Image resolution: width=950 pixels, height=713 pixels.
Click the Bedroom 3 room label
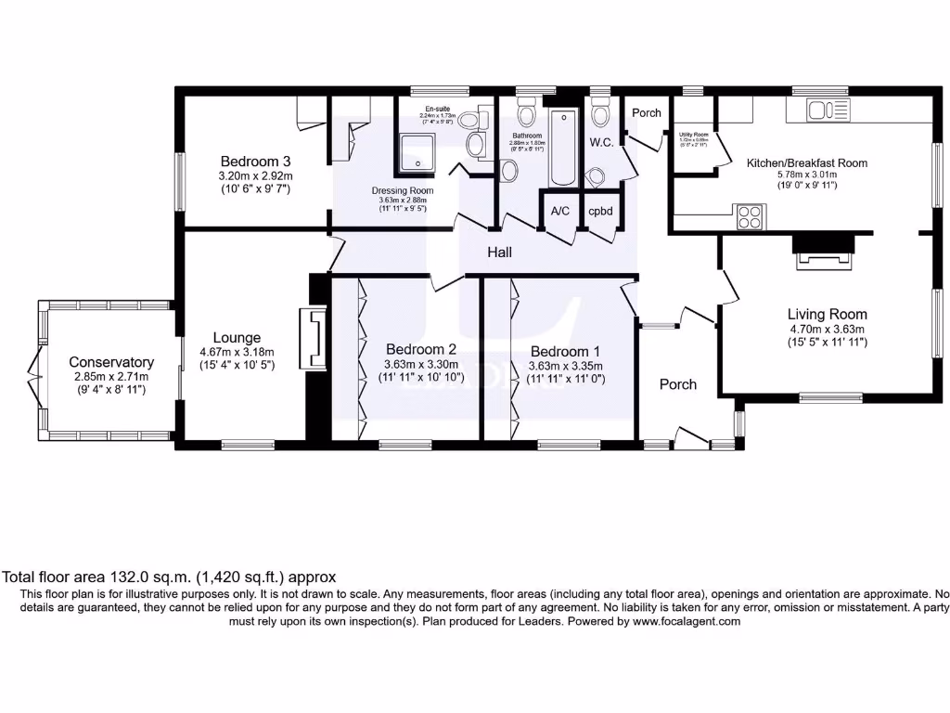pos(255,161)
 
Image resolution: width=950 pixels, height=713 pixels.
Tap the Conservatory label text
pos(111,362)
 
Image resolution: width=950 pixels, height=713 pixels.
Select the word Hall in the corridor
pos(501,252)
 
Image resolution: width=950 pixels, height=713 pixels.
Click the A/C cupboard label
pos(560,212)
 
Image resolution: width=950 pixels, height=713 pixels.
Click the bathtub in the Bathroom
pos(563,149)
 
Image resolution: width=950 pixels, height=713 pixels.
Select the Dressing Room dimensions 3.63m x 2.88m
pos(396,200)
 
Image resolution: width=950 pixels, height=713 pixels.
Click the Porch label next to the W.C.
pos(647,112)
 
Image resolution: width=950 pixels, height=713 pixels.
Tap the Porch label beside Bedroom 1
pos(677,384)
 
